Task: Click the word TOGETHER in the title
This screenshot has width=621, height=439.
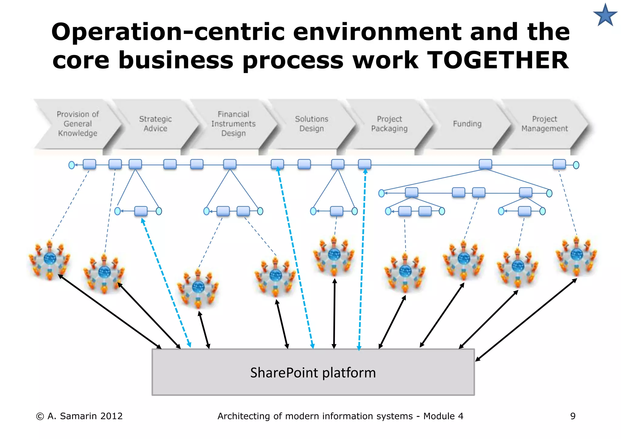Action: click(x=498, y=60)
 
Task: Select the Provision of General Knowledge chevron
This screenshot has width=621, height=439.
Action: click(x=78, y=124)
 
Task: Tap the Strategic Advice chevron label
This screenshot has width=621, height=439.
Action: click(x=155, y=124)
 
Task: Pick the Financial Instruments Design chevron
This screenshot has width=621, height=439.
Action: click(x=233, y=124)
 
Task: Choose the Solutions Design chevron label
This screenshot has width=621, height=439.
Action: click(x=311, y=124)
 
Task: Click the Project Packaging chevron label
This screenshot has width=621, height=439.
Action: click(x=389, y=124)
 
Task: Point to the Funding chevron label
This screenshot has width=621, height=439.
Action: click(x=467, y=124)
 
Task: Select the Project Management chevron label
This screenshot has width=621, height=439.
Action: click(x=545, y=124)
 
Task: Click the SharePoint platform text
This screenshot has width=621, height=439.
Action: click(x=313, y=373)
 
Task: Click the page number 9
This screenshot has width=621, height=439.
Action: click(x=572, y=416)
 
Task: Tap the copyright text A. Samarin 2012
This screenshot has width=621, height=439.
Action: click(x=79, y=416)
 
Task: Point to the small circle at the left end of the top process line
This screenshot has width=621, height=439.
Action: click(x=72, y=165)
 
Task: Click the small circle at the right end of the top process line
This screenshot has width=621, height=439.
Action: click(x=576, y=165)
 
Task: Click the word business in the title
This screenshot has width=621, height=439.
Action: click(x=176, y=60)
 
